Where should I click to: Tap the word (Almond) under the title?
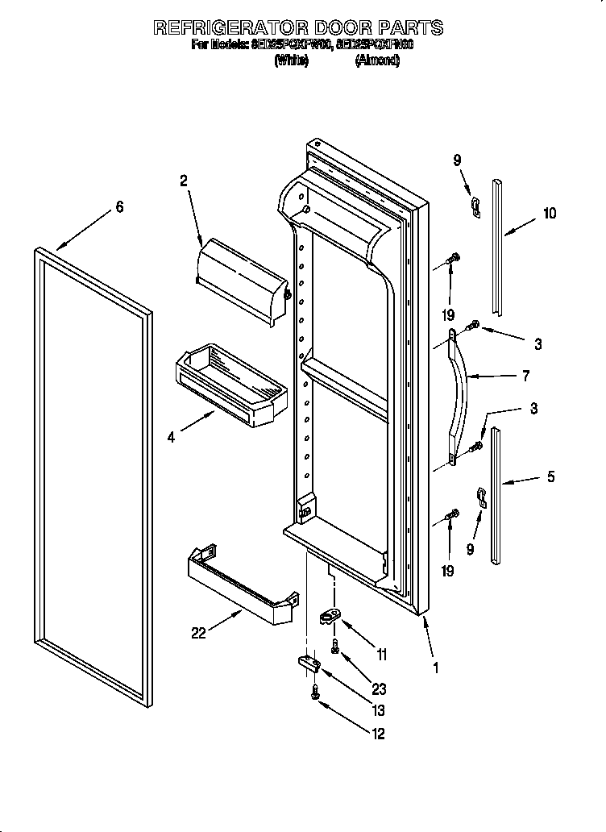point(377,60)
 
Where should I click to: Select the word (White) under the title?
point(291,60)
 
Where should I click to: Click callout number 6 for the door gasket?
point(119,207)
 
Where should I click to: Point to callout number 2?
point(184,181)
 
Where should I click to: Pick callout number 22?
point(198,634)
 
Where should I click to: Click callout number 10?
point(549,214)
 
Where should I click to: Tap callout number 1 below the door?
point(436,668)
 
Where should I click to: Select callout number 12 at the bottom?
point(378,733)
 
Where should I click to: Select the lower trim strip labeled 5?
point(497,500)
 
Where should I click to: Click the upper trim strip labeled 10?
point(500,246)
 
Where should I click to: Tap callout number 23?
point(379,689)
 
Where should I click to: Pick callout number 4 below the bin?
point(171,438)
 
